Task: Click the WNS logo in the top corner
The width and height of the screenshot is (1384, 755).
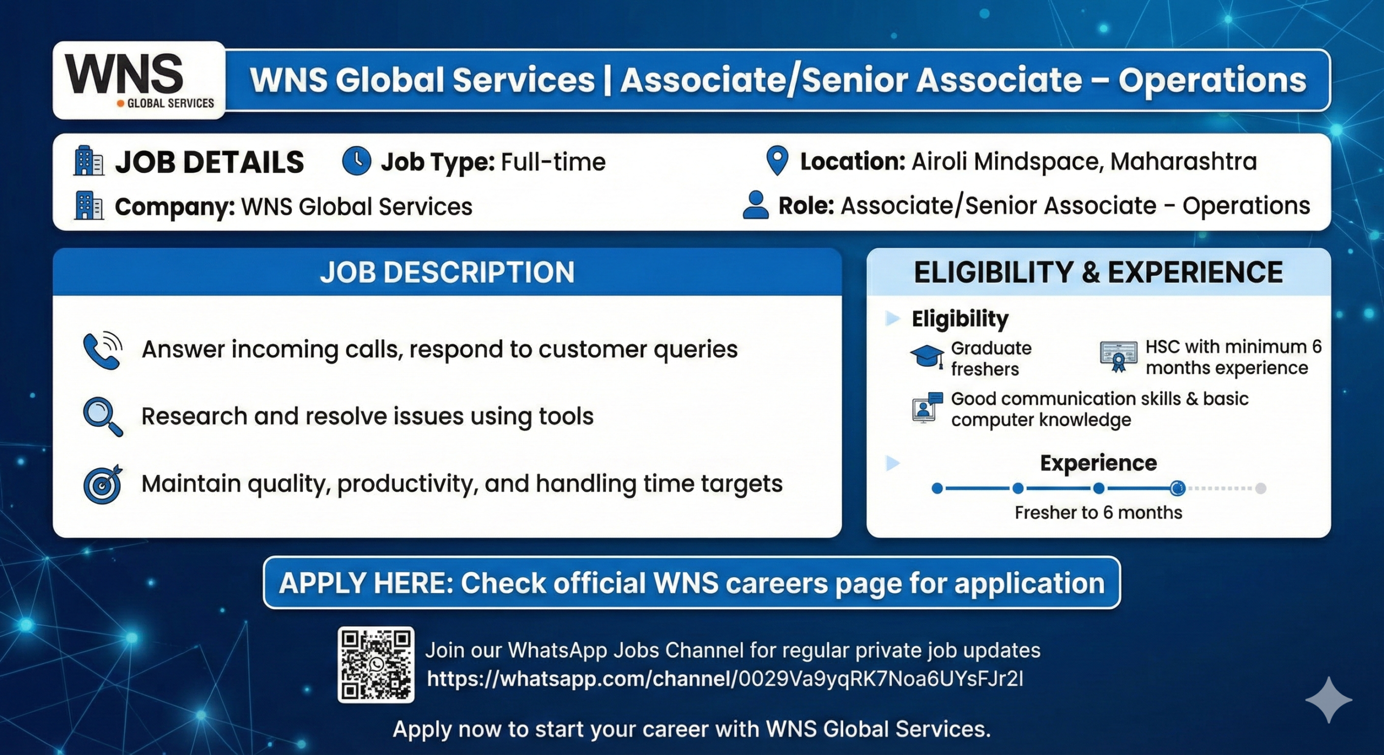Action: tap(139, 80)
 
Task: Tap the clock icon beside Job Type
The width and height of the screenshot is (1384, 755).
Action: tap(357, 161)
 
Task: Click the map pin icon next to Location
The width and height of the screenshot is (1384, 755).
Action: tap(777, 161)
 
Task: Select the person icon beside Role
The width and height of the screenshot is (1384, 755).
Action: tap(756, 205)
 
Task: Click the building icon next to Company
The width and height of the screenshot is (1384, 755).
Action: tap(89, 206)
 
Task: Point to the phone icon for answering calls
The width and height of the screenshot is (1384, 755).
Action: tap(103, 350)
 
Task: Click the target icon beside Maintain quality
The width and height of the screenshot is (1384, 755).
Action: tap(103, 484)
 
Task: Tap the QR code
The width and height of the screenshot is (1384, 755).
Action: tap(376, 665)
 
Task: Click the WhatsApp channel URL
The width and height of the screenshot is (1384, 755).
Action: tap(725, 679)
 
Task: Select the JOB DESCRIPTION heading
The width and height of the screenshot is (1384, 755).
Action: tap(447, 272)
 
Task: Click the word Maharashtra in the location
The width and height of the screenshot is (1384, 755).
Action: tap(1183, 161)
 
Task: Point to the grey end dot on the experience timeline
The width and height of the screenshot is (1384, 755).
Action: tap(1261, 488)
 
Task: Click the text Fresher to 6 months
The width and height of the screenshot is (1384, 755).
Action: tap(1098, 512)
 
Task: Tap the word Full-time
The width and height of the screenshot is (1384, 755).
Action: tap(553, 162)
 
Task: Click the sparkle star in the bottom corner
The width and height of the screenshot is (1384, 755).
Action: tap(1329, 699)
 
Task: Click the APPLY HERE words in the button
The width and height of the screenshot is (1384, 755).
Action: tap(366, 583)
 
